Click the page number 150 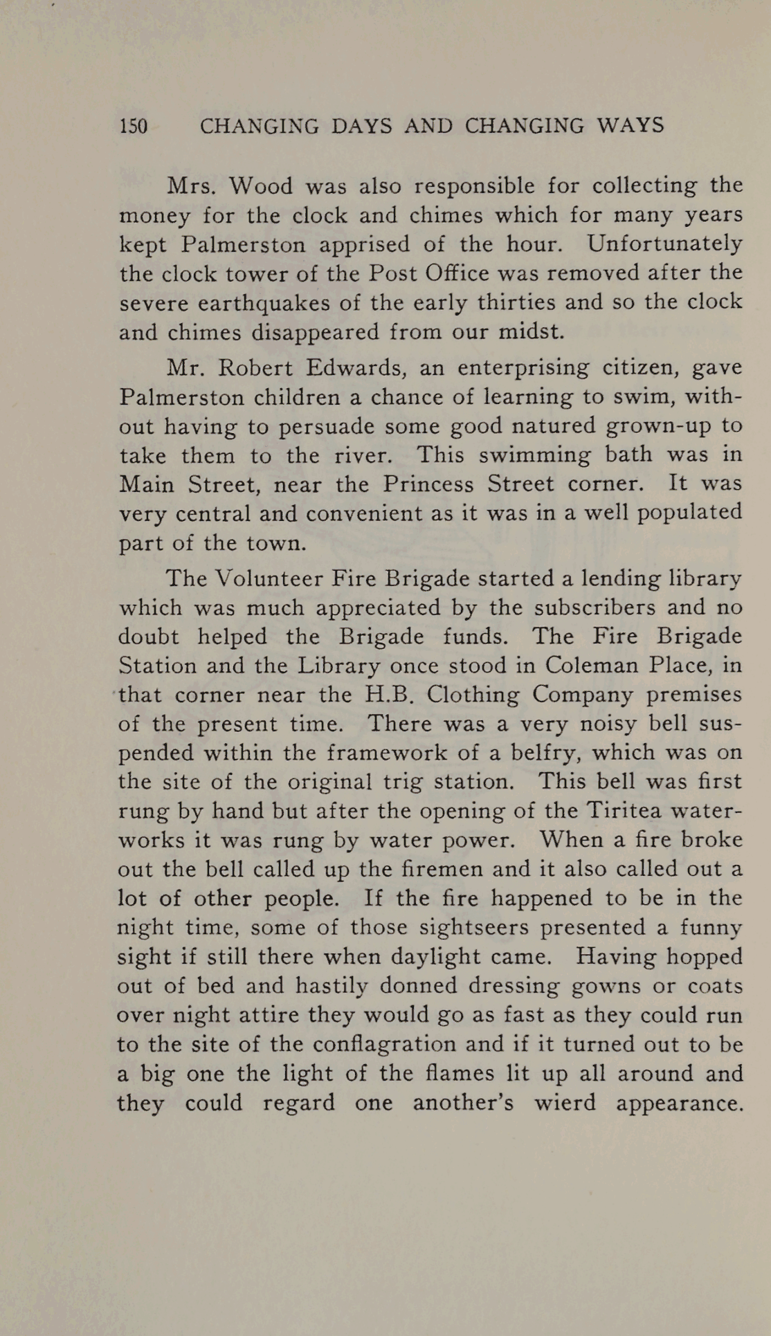click(x=134, y=126)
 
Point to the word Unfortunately click(x=664, y=244)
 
